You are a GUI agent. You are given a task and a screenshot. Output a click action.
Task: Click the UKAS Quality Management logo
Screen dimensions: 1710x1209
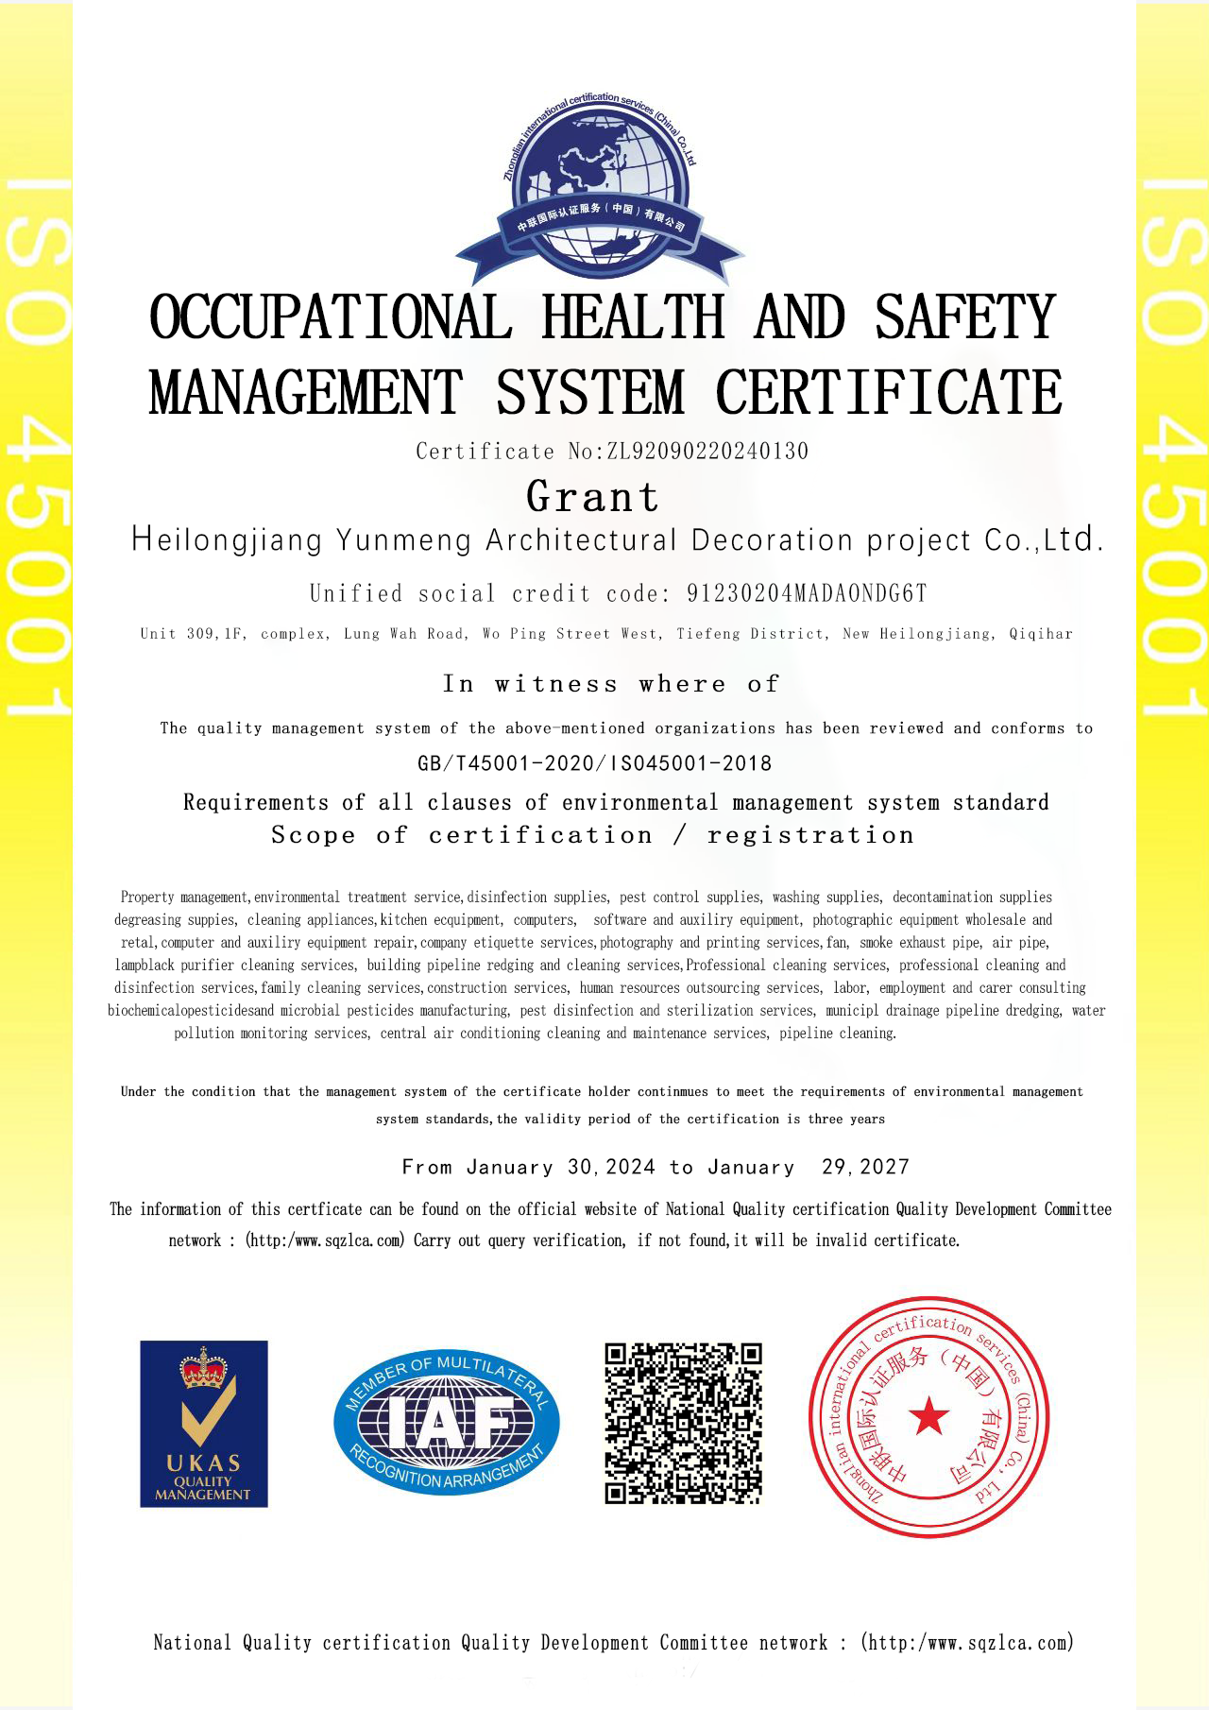204,1423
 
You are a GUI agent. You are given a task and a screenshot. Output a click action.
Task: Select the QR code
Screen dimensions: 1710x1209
683,1423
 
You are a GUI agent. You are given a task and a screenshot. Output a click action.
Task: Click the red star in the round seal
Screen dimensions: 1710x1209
929,1416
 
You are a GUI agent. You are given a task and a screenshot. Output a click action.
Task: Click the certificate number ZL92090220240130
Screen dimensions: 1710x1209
707,452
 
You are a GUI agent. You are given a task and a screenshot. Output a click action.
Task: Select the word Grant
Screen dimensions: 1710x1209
593,497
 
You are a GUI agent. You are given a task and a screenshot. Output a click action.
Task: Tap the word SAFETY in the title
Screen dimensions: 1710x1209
964,318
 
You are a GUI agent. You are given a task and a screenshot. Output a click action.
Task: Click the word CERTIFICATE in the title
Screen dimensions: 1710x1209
889,393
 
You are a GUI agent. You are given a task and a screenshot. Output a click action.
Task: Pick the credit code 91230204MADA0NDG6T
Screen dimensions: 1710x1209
807,593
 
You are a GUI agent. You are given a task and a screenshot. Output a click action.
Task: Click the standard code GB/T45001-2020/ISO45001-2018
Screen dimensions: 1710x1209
595,763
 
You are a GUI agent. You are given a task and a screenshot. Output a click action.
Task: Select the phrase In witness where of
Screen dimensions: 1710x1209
612,684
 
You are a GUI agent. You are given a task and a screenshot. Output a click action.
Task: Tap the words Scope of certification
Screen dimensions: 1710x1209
462,835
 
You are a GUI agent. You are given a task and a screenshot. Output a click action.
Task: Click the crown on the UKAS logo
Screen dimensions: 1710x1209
204,1368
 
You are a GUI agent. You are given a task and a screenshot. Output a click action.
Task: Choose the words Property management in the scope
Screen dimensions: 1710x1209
185,897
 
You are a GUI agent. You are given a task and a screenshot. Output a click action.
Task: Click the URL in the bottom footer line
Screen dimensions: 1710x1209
968,1643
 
